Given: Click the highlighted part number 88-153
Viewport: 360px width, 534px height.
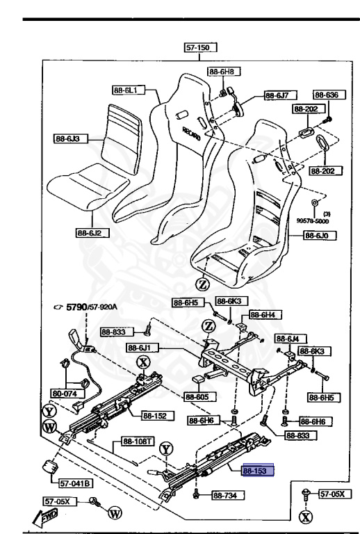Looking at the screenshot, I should pyautogui.click(x=258, y=471).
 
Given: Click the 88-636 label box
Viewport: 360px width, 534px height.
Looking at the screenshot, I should pyautogui.click(x=325, y=95).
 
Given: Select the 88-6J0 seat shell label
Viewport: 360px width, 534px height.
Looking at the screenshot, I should pyautogui.click(x=318, y=236).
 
